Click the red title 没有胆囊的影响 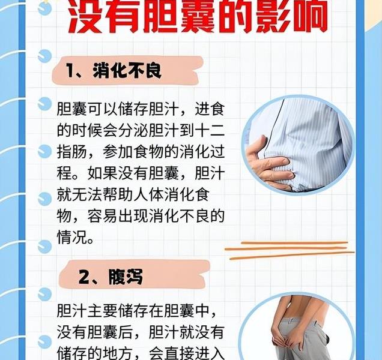(198, 17)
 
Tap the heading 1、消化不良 (114, 71)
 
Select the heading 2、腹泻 (111, 277)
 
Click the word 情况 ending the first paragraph (71, 237)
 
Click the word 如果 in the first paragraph (102, 173)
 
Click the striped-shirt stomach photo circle (298, 145)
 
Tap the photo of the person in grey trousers (297, 328)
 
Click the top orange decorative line (294, 242)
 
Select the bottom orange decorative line (292, 255)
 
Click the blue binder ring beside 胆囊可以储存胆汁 (45, 104)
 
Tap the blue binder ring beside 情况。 (45, 247)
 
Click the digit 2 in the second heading (84, 277)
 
